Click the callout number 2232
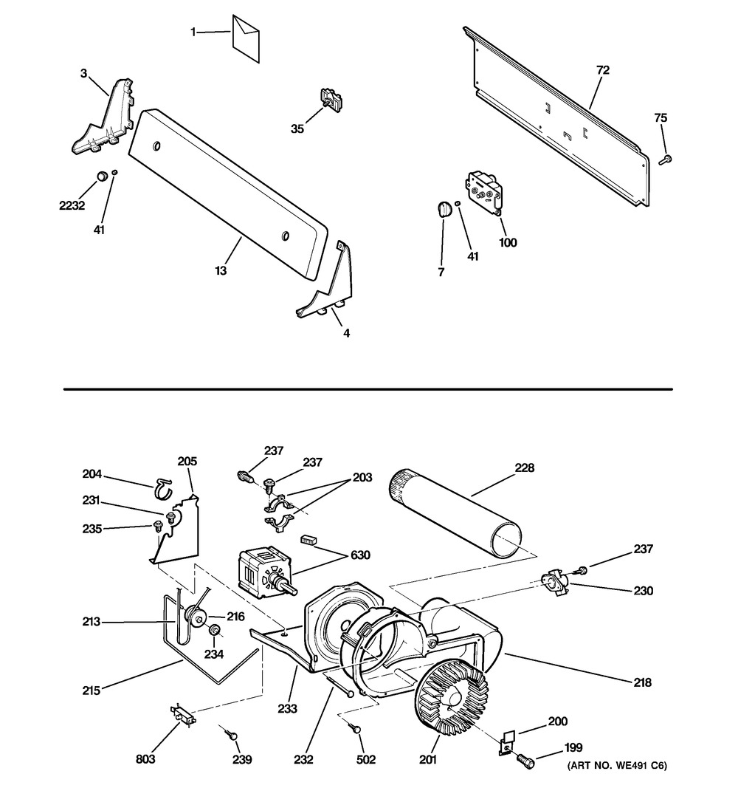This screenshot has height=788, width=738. [72, 205]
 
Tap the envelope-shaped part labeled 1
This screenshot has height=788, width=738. [246, 38]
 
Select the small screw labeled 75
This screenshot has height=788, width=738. [665, 160]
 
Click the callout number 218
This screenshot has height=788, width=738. [643, 682]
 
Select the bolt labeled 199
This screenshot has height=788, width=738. [525, 758]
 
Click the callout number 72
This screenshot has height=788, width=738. [603, 70]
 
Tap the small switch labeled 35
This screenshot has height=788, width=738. [331, 100]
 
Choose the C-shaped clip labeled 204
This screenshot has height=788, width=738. [162, 488]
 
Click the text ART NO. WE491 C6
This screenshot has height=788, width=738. [618, 766]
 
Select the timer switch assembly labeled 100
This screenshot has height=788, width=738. [484, 191]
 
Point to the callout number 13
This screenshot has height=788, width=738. [221, 270]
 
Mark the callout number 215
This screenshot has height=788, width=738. [92, 691]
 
